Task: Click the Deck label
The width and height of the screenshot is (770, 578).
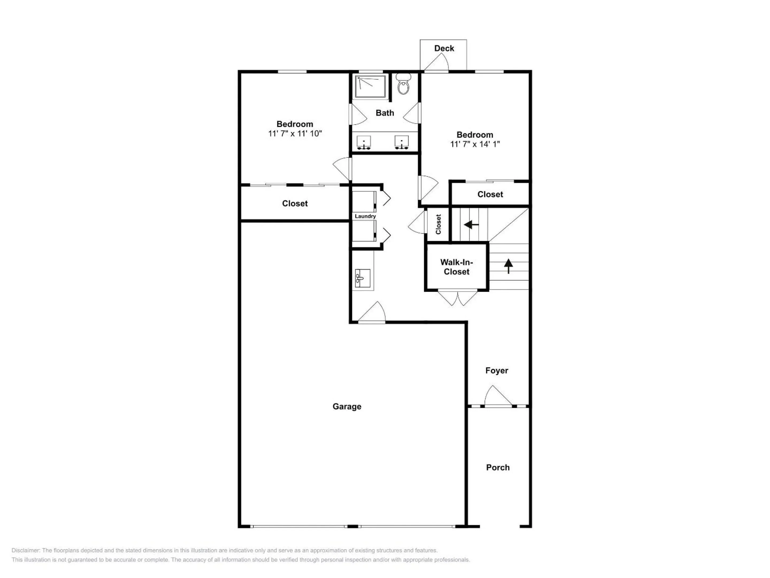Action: pos(444,48)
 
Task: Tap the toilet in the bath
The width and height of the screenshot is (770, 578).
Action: pos(403,85)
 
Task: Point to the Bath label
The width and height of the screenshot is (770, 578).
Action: pos(385,113)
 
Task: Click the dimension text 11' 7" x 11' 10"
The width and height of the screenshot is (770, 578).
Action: pos(295,134)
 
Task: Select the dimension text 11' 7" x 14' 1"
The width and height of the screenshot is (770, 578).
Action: pos(475,144)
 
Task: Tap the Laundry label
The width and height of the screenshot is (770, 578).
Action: pos(365,216)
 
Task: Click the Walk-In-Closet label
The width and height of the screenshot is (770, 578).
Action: pos(456,267)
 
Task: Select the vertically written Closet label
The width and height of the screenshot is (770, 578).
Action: pos(438,224)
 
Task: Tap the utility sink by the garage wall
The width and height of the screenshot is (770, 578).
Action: pos(362,278)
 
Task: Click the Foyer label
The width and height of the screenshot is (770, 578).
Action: pos(496,370)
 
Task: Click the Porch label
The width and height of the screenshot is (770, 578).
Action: pos(498,467)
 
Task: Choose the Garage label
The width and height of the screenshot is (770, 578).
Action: pos(347,406)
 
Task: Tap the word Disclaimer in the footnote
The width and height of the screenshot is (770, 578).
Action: pos(26,550)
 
